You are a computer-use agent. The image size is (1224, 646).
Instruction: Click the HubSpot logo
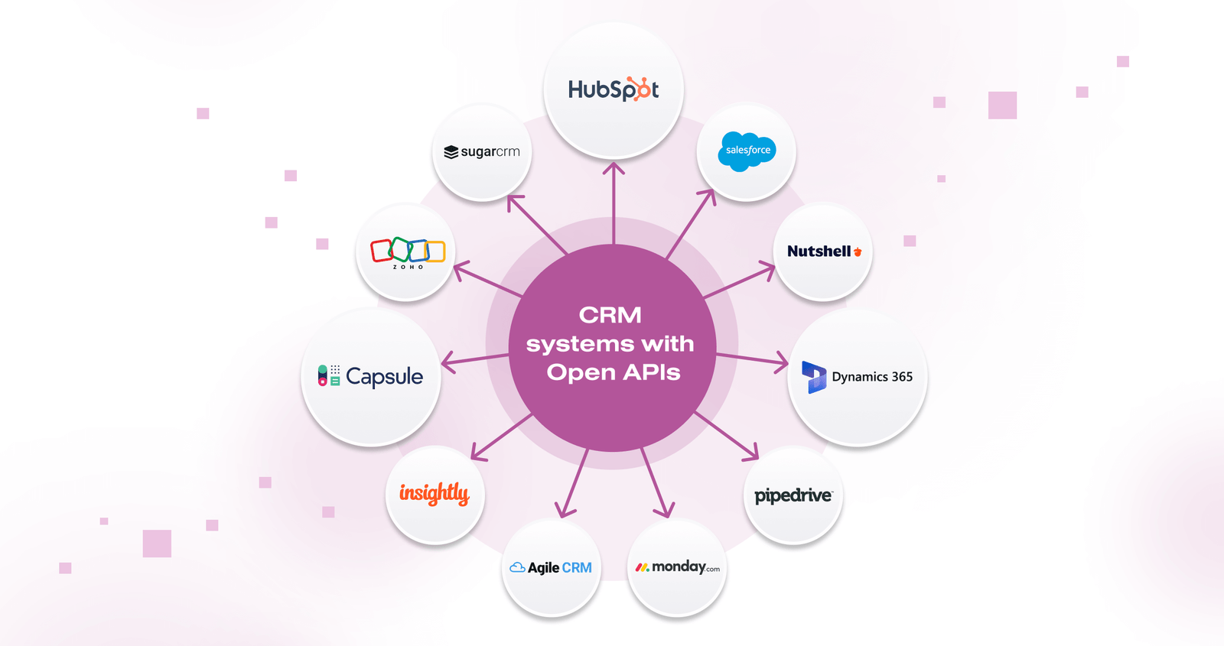613,89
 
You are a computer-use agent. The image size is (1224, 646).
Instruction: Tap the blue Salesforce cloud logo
747,151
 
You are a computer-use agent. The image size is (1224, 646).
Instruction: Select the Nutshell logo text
819,252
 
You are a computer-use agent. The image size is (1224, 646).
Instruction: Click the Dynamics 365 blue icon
814,377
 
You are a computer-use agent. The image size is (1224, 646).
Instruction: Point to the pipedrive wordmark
793,496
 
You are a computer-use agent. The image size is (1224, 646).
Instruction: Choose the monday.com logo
678,567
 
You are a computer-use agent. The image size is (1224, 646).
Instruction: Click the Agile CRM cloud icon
517,568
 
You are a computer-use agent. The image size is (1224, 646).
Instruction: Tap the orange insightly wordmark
435,494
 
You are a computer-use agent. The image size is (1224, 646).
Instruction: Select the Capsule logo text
384,377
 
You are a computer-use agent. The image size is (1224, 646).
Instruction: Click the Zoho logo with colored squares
408,253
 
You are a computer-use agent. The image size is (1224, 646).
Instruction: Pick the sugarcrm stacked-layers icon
451,152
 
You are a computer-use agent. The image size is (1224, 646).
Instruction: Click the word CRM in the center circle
610,315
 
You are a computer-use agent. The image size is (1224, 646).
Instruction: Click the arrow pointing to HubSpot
614,203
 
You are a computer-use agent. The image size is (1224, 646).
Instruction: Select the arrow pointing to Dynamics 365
752,360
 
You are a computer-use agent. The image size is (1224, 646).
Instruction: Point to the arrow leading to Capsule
475,361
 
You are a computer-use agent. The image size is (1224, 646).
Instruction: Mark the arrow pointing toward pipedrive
727,437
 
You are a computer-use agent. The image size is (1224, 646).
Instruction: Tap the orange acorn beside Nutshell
858,252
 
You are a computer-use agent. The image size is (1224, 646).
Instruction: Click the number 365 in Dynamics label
902,377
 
